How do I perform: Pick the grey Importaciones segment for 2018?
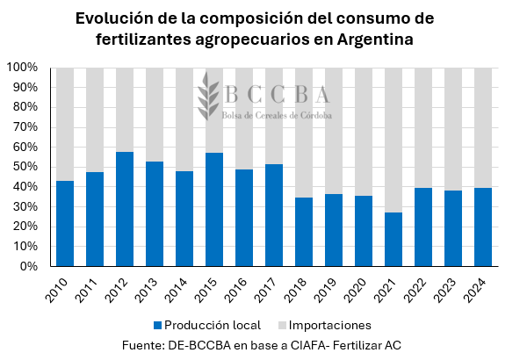pos(304,133)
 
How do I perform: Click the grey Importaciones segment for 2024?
pos(483,127)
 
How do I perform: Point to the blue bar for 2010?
pos(65,223)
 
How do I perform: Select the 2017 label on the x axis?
pos(271,290)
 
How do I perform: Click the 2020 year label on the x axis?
pos(361,290)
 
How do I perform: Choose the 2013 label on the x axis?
pos(152,290)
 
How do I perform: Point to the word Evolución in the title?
pos(118,18)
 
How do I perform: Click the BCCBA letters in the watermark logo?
pos(277,95)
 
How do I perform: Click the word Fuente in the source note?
pos(147,345)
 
